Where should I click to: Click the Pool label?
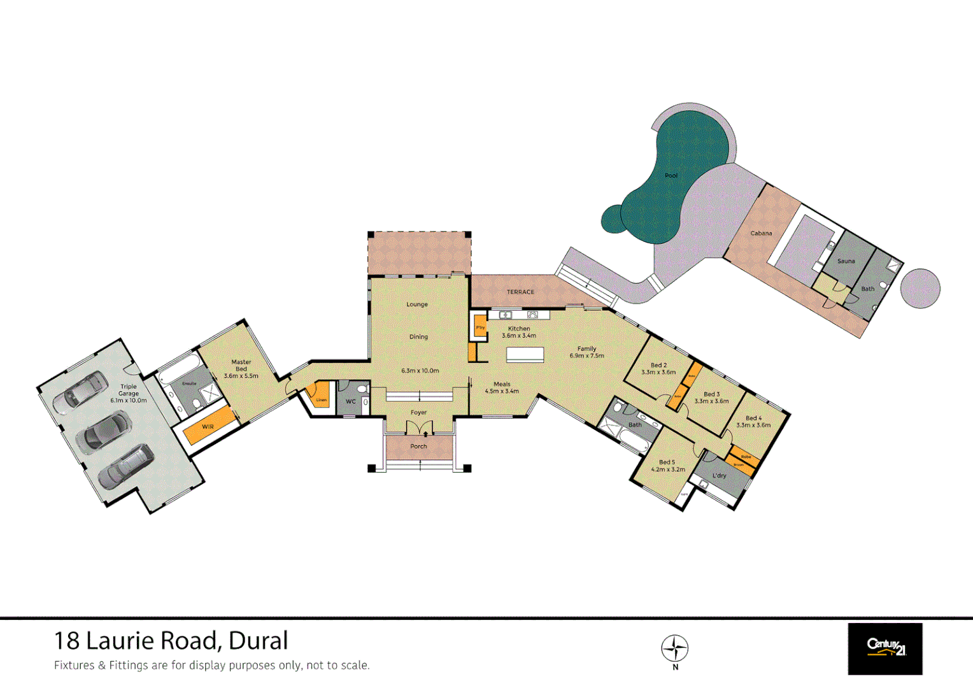pyautogui.click(x=671, y=175)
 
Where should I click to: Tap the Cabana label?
pyautogui.click(x=761, y=233)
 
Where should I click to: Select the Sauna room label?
pyautogui.click(x=846, y=261)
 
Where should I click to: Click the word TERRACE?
pyautogui.click(x=520, y=292)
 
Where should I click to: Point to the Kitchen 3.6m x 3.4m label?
pyautogui.click(x=519, y=332)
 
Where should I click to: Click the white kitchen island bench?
pyautogui.click(x=525, y=355)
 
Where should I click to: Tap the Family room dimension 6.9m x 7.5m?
pyautogui.click(x=586, y=355)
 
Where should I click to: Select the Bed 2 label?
pyautogui.click(x=658, y=366)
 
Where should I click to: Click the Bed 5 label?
pyautogui.click(x=667, y=462)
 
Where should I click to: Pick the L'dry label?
pyautogui.click(x=719, y=476)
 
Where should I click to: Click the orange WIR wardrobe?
pyautogui.click(x=208, y=426)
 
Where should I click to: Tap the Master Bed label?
pyautogui.click(x=241, y=366)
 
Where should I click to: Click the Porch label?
pyautogui.click(x=418, y=446)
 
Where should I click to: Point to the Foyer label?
pyautogui.click(x=418, y=413)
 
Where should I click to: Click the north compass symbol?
pyautogui.click(x=675, y=649)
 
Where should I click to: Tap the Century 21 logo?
pyautogui.click(x=884, y=649)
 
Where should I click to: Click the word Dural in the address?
pyautogui.click(x=258, y=641)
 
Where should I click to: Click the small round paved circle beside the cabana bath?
pyautogui.click(x=920, y=289)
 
